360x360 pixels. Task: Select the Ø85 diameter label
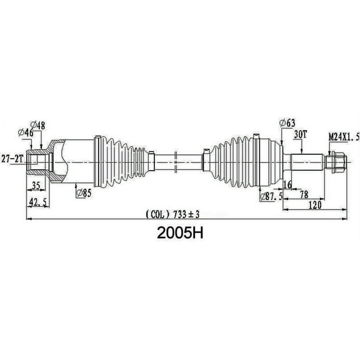tap(82, 192)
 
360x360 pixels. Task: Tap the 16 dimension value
tap(287, 186)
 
